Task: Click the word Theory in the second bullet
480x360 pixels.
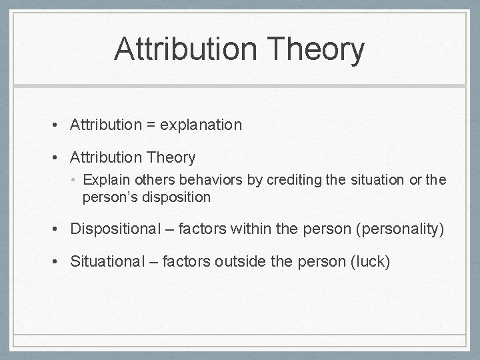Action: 166,158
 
